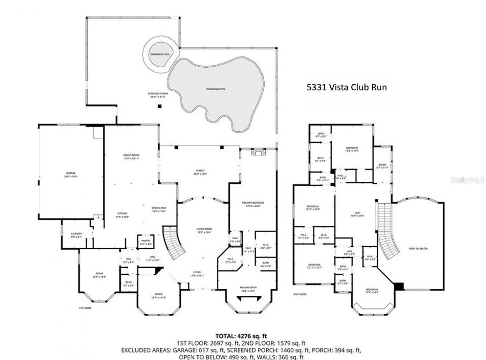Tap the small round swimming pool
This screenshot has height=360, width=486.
[159, 54]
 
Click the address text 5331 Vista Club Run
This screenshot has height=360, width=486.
[346, 87]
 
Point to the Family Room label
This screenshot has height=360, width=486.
[131, 157]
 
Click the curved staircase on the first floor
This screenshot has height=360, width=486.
[174, 243]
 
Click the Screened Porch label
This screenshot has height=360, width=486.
[158, 95]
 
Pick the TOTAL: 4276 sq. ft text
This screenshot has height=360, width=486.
[241, 336]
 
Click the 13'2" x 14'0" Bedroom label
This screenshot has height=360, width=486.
[352, 149]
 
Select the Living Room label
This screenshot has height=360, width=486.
[204, 231]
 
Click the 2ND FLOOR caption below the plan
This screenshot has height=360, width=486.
[300, 294]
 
